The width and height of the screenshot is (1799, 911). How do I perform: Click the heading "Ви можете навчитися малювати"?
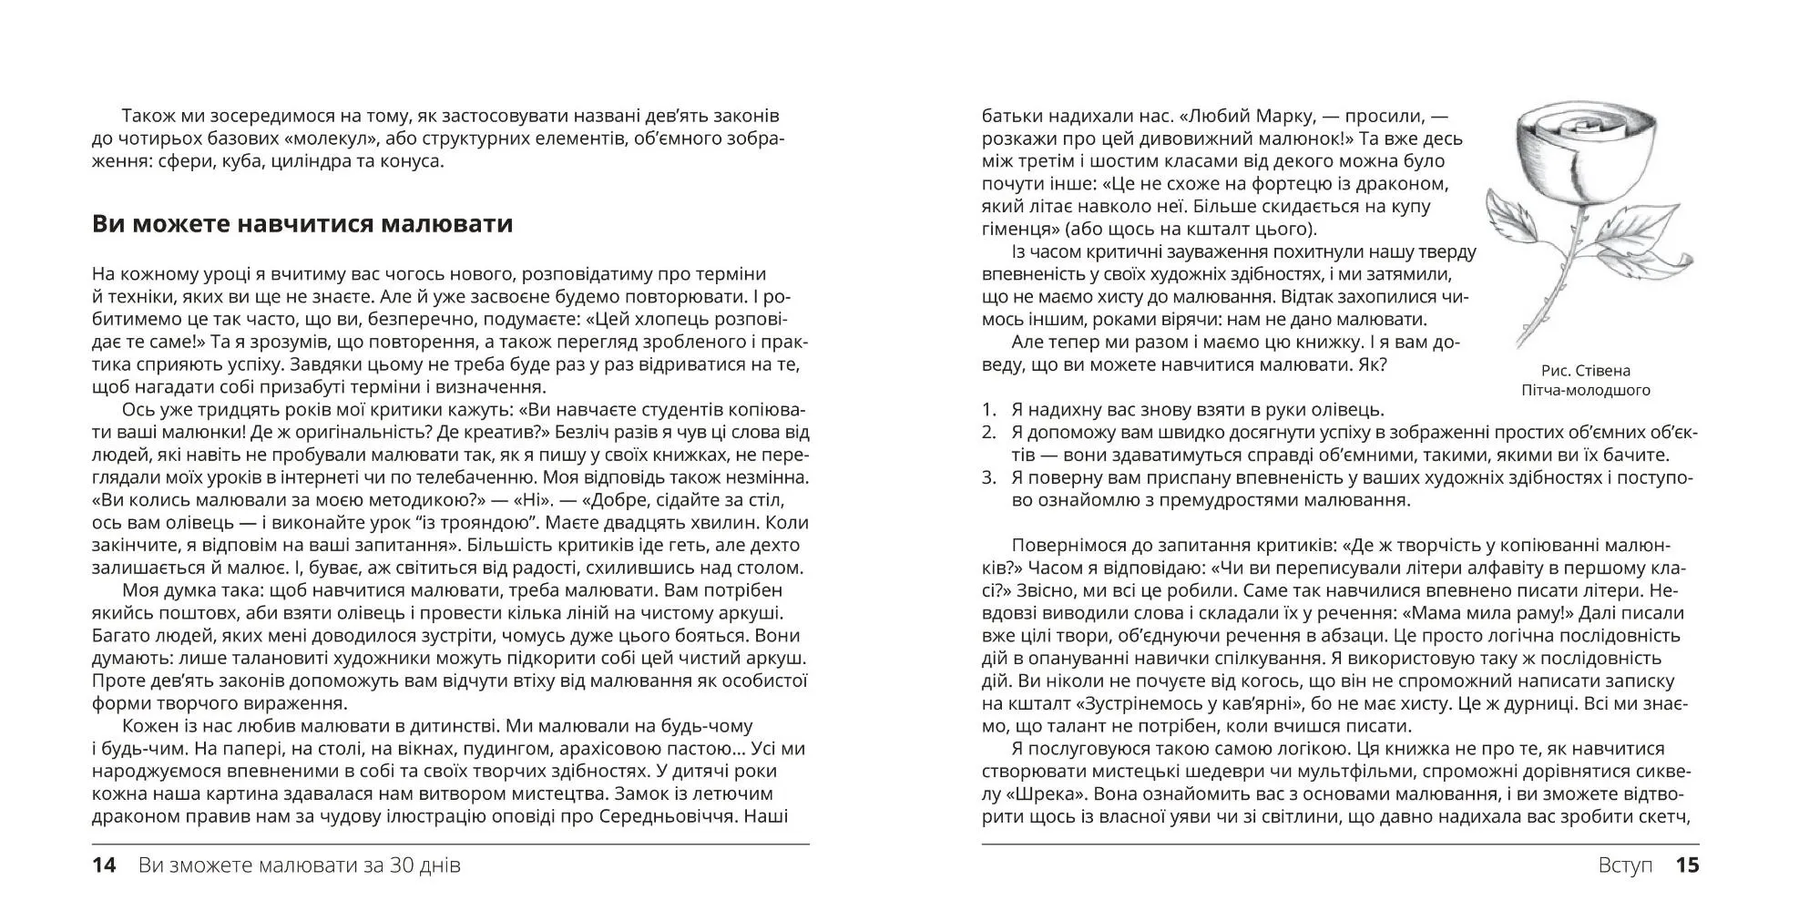click(x=302, y=224)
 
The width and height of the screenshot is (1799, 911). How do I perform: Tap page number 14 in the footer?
click(x=105, y=865)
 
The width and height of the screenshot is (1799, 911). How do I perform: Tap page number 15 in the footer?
click(x=1687, y=865)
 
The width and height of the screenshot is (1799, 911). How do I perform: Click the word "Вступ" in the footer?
click(x=1625, y=865)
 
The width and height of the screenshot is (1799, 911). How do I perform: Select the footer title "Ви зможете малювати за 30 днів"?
click(x=300, y=865)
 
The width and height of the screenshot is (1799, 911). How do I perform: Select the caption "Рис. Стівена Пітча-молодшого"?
click(x=1586, y=381)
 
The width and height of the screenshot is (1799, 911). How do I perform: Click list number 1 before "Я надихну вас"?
click(x=989, y=411)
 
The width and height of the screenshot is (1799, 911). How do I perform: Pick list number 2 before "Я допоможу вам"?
click(x=989, y=433)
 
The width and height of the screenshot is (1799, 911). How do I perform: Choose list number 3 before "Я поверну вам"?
click(x=989, y=478)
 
